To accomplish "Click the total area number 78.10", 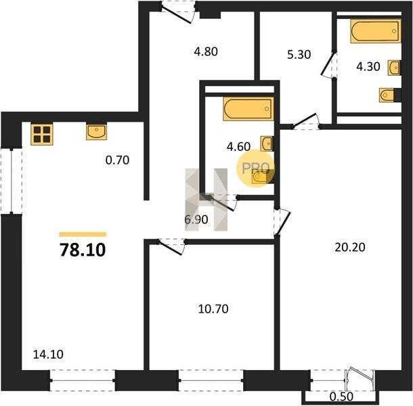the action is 83,250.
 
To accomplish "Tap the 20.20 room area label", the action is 350,247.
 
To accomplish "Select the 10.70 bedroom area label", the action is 213,309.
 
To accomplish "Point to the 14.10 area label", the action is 48,355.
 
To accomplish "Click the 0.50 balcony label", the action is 341,397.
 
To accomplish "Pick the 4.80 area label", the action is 206,51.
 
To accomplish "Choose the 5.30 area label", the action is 299,55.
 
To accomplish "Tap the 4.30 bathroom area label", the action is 368,66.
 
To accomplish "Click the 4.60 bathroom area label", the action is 238,147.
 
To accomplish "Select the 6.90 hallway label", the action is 196,219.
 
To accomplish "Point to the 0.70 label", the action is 117,160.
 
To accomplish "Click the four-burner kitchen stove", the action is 42,134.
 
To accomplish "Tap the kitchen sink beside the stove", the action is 96,132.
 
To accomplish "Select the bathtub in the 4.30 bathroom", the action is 376,31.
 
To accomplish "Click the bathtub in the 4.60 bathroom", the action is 248,109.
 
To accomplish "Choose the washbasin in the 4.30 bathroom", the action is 394,68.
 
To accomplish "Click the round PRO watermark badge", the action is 255,168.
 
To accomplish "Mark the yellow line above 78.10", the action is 83,234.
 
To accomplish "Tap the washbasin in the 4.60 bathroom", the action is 267,143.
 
